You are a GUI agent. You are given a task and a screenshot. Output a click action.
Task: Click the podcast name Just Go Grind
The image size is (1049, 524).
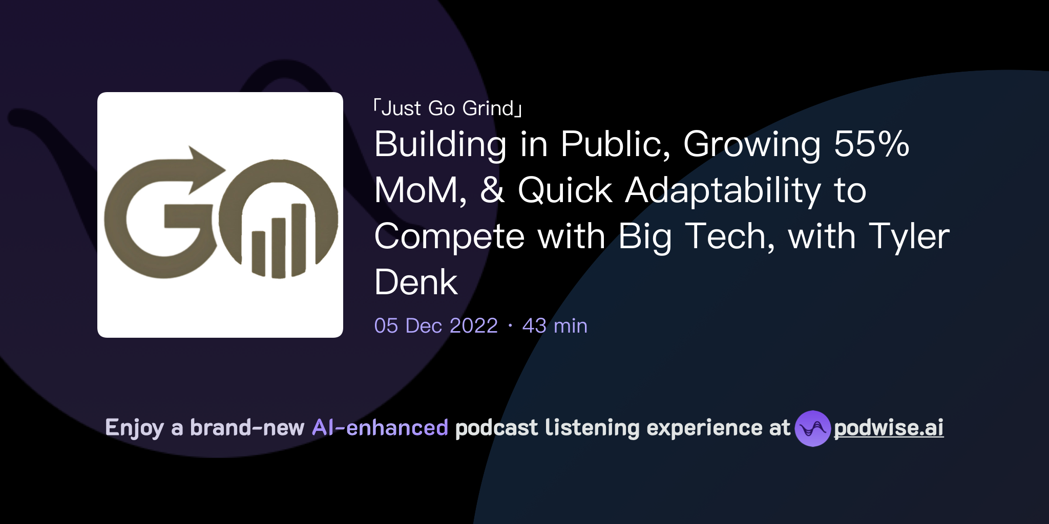(448, 108)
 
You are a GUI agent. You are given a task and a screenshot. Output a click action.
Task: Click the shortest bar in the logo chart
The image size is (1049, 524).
(258, 253)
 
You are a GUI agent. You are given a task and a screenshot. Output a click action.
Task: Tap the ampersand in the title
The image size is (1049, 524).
(492, 190)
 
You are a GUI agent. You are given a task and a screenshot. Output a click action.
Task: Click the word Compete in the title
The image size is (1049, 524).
(450, 237)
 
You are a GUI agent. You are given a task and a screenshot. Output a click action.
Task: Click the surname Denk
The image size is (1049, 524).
(416, 282)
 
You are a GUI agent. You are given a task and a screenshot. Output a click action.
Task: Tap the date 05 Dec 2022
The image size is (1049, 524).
(436, 326)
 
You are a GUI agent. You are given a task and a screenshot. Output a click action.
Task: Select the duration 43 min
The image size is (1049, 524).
(555, 326)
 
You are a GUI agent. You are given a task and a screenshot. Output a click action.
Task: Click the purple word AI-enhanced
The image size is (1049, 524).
(380, 428)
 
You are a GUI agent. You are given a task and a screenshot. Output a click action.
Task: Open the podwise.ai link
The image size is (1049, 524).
(889, 428)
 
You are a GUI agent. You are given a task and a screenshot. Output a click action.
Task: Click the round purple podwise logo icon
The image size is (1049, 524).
(812, 428)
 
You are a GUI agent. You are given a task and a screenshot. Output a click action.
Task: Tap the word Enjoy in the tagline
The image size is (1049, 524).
(134, 428)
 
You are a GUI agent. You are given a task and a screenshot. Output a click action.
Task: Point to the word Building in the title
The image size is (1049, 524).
(440, 144)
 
